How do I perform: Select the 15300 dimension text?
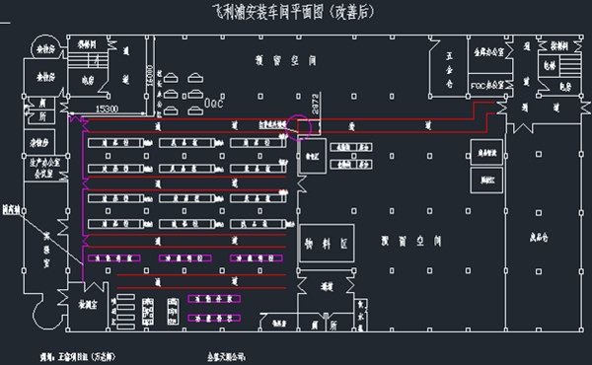[107, 107]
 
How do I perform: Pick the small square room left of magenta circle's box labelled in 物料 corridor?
[315, 156]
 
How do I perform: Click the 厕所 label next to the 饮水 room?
[43, 115]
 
